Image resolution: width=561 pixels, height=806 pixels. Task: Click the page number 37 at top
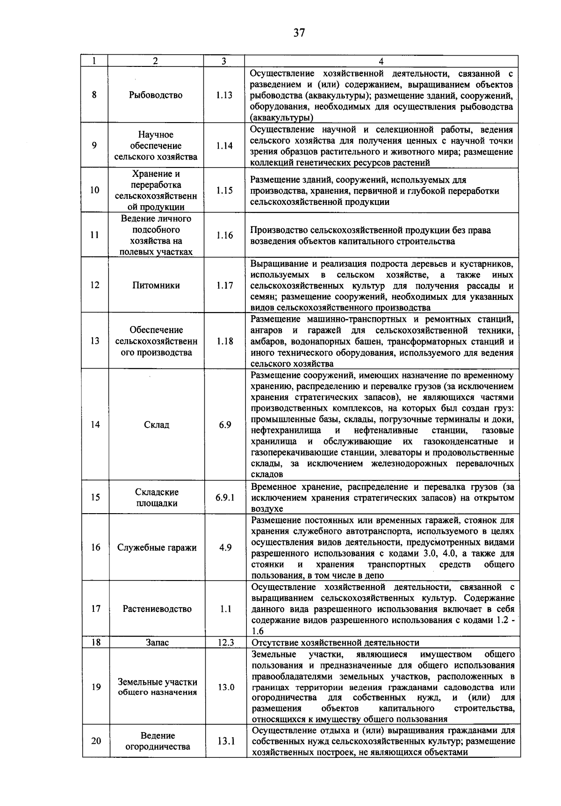coord(299,32)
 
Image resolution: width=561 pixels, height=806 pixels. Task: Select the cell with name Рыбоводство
coord(156,95)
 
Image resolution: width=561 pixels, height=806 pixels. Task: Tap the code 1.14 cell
coord(224,145)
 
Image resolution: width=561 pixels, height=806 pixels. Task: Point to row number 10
coord(94,190)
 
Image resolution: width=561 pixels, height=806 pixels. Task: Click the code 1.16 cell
coord(224,235)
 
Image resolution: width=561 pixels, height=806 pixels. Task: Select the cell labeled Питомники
coord(156,285)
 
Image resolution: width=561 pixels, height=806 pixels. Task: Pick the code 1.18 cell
coord(225,341)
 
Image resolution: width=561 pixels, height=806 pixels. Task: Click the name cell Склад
coord(157,425)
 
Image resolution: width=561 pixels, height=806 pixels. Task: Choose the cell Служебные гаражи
coord(157,548)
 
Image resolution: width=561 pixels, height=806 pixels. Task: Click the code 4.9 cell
coord(225,548)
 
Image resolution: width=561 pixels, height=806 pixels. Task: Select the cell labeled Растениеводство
coord(157,609)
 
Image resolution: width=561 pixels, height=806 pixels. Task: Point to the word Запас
coord(157,643)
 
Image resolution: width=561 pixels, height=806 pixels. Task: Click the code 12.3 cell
coord(226,643)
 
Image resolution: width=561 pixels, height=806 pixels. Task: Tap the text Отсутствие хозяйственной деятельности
coord(335,643)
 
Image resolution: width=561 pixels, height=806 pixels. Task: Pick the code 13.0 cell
coord(226,687)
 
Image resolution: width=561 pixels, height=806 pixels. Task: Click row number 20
coord(96,741)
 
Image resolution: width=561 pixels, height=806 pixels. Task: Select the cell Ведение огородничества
coord(158,741)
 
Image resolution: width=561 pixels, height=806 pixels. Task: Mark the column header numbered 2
coord(155,61)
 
